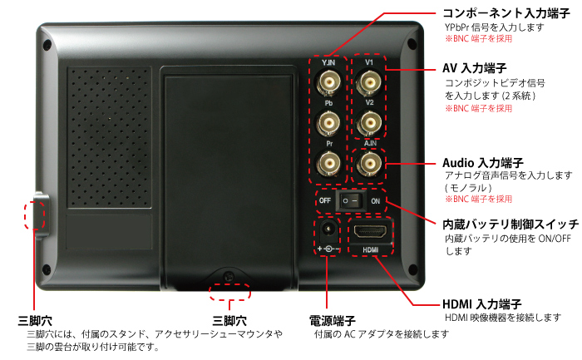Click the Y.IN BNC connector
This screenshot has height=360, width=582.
pyautogui.click(x=329, y=82)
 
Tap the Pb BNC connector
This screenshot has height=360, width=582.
pyautogui.click(x=328, y=124)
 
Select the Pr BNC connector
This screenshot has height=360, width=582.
pyautogui.click(x=329, y=164)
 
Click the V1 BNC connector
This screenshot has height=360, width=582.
pyautogui.click(x=369, y=82)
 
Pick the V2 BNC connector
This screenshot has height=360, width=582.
pyautogui.click(x=369, y=122)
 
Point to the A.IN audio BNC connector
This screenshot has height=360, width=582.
pyautogui.click(x=369, y=164)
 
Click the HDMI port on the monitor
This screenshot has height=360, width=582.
pyautogui.click(x=370, y=232)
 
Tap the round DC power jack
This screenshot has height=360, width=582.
pyautogui.click(x=328, y=229)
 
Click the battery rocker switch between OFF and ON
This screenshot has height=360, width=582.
pyautogui.click(x=350, y=200)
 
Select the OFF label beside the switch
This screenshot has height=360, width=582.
pyautogui.click(x=325, y=200)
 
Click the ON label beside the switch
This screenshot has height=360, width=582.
pyautogui.click(x=375, y=201)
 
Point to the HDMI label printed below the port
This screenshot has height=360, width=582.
pyautogui.click(x=370, y=250)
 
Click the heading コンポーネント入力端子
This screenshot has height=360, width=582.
pyautogui.click(x=506, y=13)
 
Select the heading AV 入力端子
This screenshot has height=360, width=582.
pyautogui.click(x=474, y=68)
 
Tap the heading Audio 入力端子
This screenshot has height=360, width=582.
pyautogui.click(x=483, y=163)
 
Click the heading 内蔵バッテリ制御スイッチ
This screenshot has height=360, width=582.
pyautogui.click(x=510, y=224)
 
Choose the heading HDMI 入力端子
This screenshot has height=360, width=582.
pyautogui.click(x=481, y=304)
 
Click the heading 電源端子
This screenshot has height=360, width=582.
pyautogui.click(x=333, y=320)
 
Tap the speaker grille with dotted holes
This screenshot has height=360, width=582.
pyautogui.click(x=109, y=137)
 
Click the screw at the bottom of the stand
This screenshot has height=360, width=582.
pyautogui.click(x=229, y=277)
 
